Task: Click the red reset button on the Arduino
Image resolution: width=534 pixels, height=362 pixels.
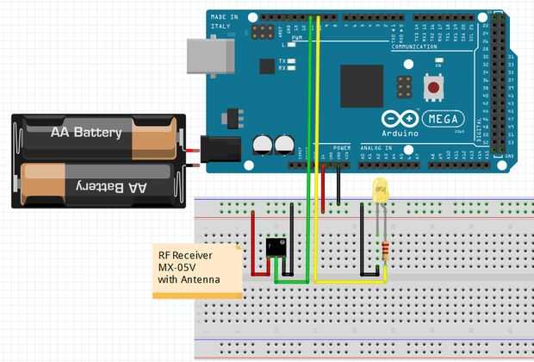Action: pos(433,86)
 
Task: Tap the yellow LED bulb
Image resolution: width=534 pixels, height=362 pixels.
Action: pos(380,191)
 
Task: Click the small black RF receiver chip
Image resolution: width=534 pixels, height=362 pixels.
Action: pos(276,247)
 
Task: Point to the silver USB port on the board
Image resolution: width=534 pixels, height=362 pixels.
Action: pos(211,57)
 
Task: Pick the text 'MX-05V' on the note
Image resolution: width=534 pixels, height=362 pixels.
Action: pos(178,267)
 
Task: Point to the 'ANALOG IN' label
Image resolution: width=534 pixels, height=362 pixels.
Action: pos(376,147)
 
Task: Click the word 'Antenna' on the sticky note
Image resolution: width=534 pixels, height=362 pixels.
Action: pos(201,280)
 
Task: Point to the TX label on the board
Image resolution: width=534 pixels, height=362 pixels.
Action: pos(282,61)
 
